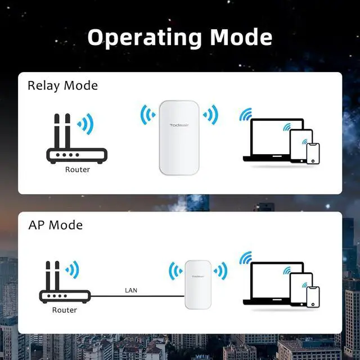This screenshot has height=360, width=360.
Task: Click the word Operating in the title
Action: click(x=146, y=37)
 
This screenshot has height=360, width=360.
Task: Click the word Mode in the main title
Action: click(x=241, y=37)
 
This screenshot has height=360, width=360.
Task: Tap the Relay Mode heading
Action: click(x=62, y=85)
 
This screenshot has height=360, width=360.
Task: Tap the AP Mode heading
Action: click(x=55, y=225)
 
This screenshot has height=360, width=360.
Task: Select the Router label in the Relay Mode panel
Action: click(x=77, y=169)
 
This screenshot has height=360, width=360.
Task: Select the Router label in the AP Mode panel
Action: click(x=64, y=309)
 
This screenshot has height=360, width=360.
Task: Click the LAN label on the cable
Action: click(x=130, y=290)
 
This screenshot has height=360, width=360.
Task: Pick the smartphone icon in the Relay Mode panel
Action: click(x=313, y=152)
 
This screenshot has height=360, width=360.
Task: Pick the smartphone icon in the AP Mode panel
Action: click(x=313, y=296)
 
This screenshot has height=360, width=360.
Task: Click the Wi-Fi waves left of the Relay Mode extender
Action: click(x=148, y=115)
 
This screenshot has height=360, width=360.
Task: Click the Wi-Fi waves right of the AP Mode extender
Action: click(x=220, y=271)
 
